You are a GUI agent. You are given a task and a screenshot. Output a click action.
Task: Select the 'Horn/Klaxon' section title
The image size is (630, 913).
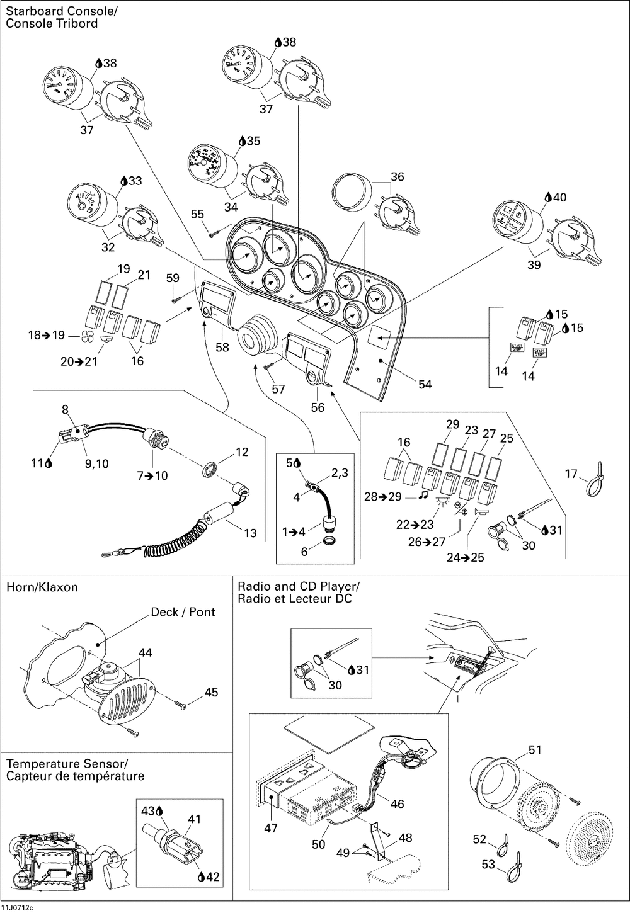[42, 587]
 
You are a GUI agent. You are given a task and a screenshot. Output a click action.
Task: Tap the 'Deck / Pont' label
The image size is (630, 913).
[183, 612]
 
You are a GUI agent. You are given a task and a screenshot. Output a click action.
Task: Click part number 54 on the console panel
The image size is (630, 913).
[425, 384]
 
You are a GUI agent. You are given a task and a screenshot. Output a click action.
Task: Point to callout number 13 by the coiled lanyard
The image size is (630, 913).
[250, 533]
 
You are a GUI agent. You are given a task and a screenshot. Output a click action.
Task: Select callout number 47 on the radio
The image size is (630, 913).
[271, 829]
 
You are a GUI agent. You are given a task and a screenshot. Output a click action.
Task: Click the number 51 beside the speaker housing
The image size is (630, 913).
[535, 750]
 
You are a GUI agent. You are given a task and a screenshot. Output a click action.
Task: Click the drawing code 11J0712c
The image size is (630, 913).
[18, 907]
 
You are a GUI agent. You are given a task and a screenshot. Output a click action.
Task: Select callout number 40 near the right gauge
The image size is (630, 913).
[559, 197]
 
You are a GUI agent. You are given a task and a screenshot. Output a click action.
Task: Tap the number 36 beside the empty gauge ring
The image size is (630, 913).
[398, 177]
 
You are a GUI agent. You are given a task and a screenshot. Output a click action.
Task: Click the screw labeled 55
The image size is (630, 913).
[213, 234]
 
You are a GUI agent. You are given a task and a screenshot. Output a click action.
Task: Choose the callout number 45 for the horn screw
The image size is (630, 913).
[211, 692]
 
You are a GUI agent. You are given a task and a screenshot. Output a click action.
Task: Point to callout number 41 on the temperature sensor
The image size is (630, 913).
[194, 819]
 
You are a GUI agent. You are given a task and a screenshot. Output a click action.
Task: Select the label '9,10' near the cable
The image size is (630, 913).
[97, 463]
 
